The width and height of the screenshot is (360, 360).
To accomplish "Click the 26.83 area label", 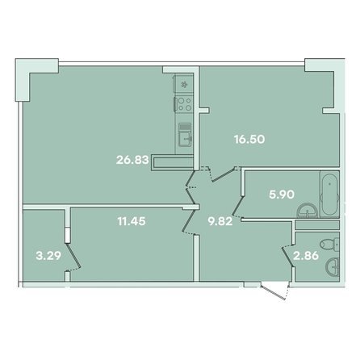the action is coord(132,160).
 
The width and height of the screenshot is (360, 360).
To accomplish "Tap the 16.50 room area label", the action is coord(249,140).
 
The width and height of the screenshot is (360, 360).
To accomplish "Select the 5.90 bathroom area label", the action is coord(282,194).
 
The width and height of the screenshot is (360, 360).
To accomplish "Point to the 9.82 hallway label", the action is coord(220,221).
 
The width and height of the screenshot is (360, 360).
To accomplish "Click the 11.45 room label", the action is coord(132,221).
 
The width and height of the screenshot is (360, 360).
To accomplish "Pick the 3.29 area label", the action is coord(48,256).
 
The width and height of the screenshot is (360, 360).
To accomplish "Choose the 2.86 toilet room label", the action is coord(306,256).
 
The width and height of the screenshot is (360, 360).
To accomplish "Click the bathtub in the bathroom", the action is coord(329,194).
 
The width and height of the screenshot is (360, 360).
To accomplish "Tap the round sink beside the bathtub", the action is coord(308,211).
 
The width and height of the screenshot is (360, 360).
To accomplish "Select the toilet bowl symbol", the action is coord(330,245).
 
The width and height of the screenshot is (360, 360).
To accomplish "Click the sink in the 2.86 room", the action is coord(333,266).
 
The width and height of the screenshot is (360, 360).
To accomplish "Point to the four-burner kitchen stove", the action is coord(184,104).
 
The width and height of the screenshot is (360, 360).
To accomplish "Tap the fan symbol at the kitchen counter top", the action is coord(184,85).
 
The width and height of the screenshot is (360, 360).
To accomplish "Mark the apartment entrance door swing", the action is coord(275,291).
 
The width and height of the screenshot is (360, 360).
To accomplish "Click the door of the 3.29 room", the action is coord(73,257).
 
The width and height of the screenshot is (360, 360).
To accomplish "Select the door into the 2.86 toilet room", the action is coord(288,256).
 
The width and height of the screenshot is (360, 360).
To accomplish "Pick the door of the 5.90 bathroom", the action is coord(238,207).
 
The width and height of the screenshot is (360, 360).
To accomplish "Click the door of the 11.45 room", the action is coord(189,221).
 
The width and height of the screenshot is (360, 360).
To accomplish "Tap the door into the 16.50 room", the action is coord(223,174).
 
